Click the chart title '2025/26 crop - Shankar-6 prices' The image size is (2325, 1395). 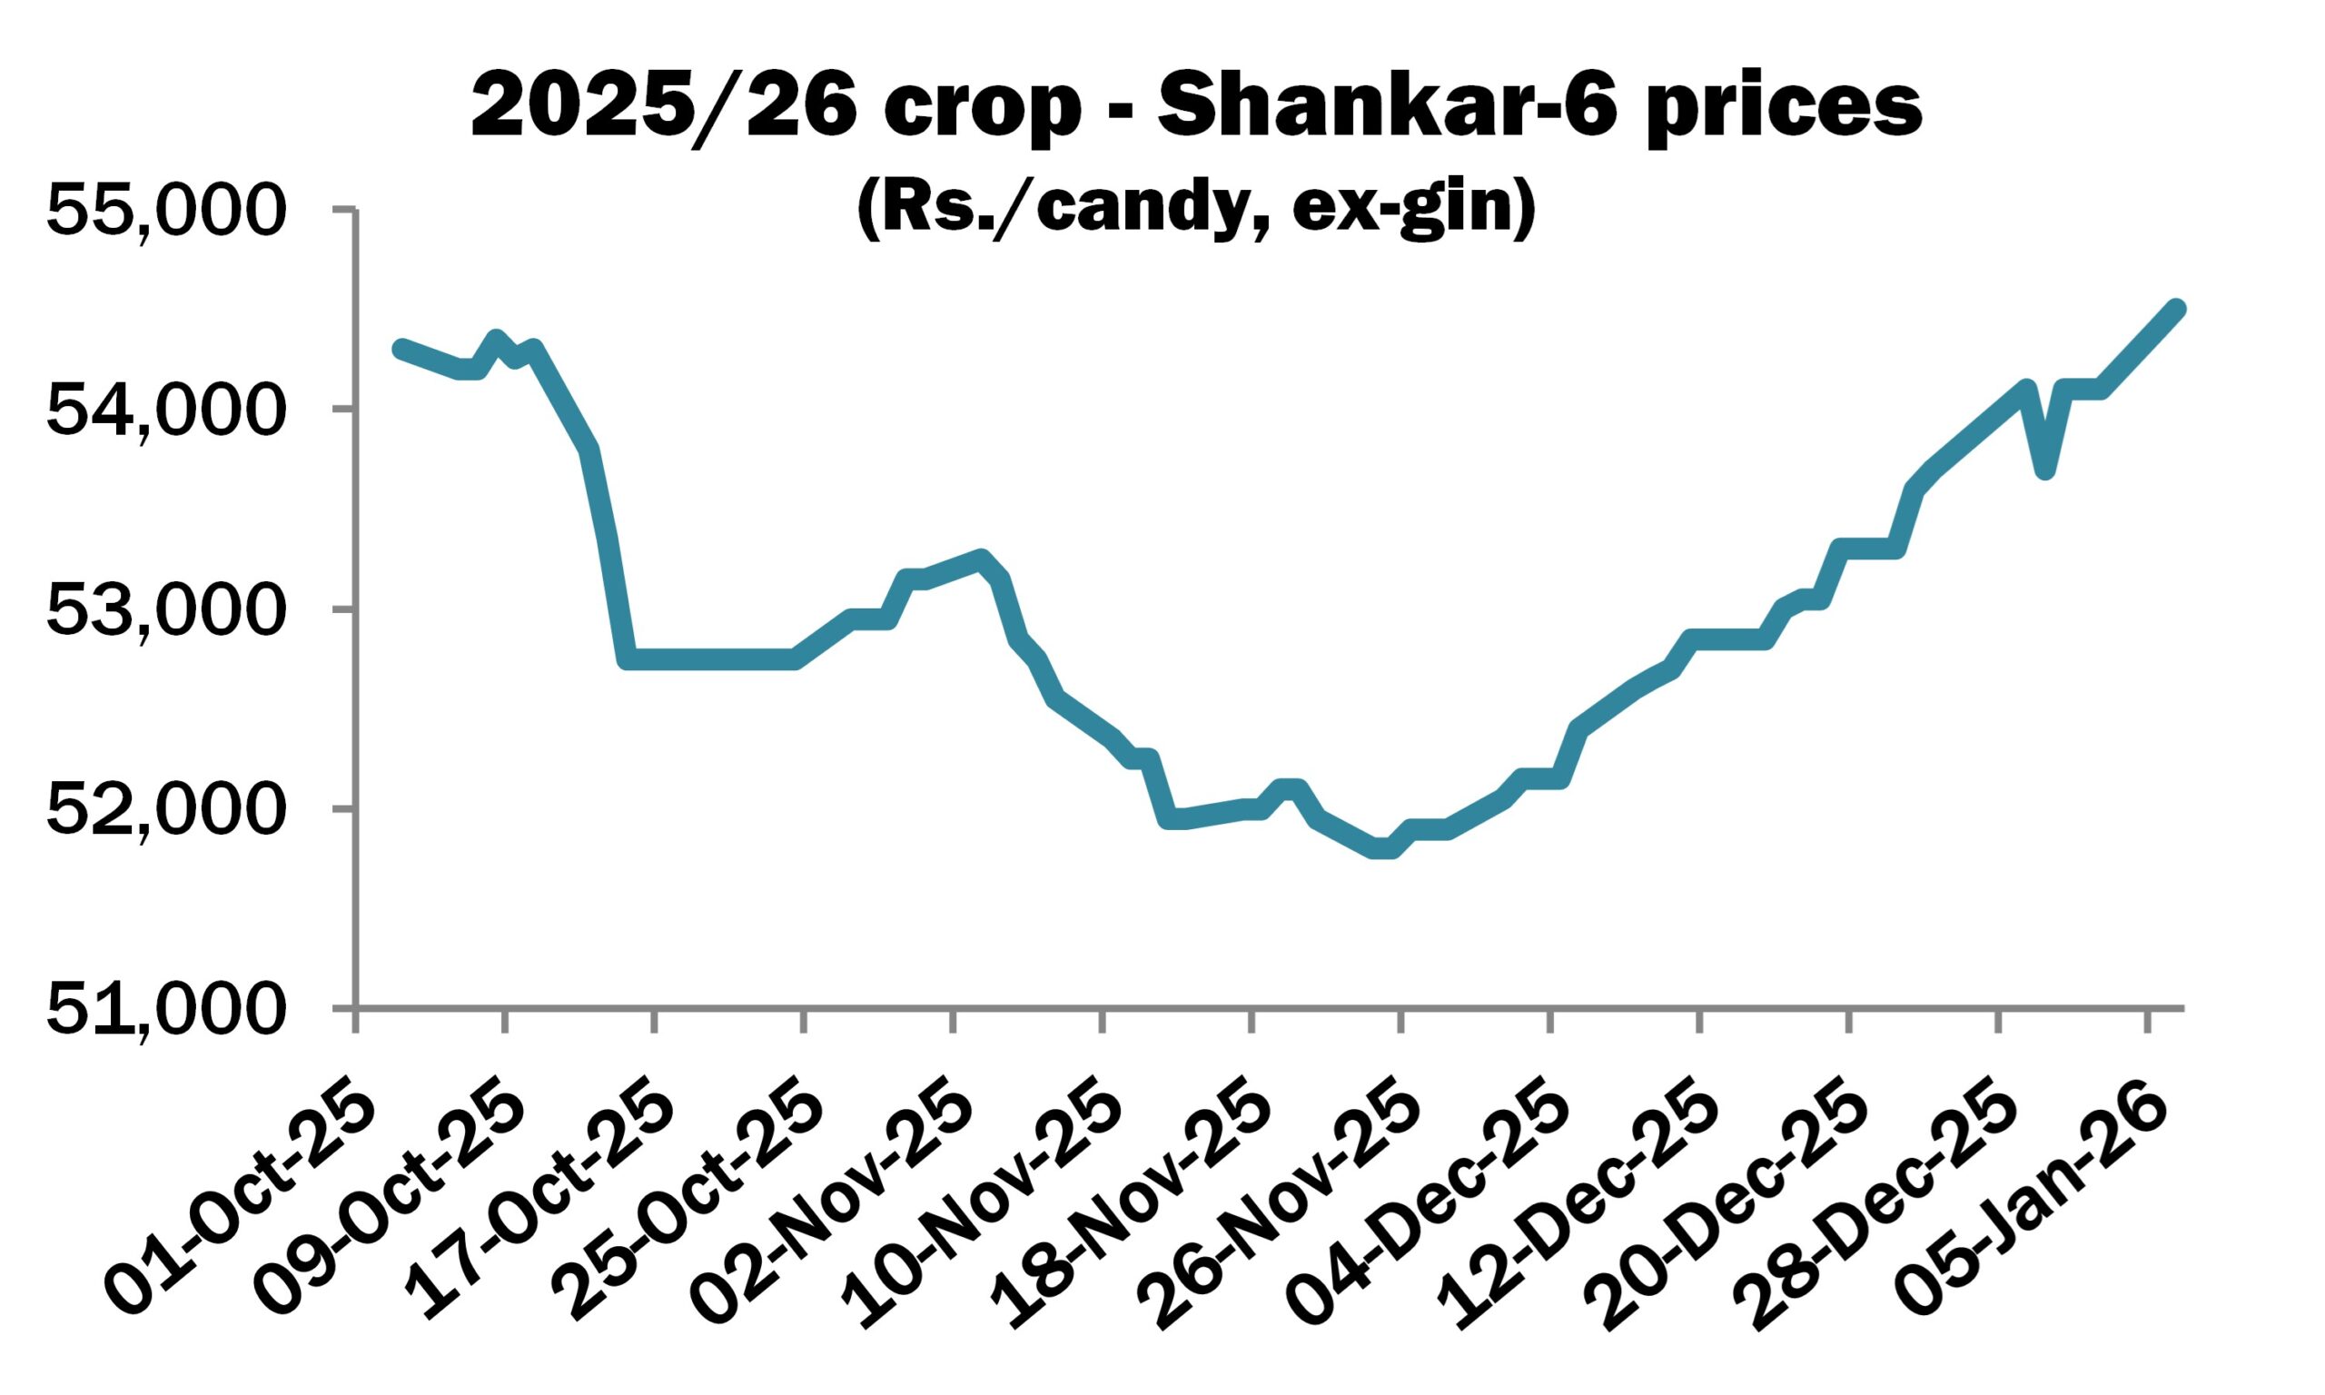click(1196, 110)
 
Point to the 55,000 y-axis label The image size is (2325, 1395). click(164, 209)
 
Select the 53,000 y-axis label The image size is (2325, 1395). click(164, 610)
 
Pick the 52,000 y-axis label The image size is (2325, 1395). click(164, 809)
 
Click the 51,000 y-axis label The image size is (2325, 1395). click(164, 1010)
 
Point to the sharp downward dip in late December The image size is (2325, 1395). click(2046, 470)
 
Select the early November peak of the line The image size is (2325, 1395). click(980, 559)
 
